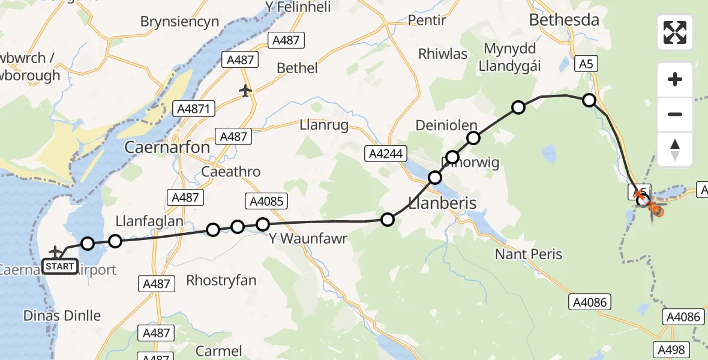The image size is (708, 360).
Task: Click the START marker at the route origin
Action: (60, 266)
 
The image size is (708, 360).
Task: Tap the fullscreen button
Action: (675, 32)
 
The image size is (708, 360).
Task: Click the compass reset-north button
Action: (675, 149)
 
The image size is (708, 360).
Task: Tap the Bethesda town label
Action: (564, 20)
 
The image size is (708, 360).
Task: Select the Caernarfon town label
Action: (167, 147)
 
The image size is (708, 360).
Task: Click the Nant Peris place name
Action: (529, 254)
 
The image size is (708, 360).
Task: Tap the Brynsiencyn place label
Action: (179, 22)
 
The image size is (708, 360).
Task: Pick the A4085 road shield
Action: (265, 201)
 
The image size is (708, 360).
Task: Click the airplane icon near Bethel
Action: (245, 91)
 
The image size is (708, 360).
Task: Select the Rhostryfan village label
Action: (221, 280)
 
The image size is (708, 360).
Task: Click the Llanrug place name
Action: (324, 125)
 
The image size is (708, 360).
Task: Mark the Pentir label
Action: (427, 20)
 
